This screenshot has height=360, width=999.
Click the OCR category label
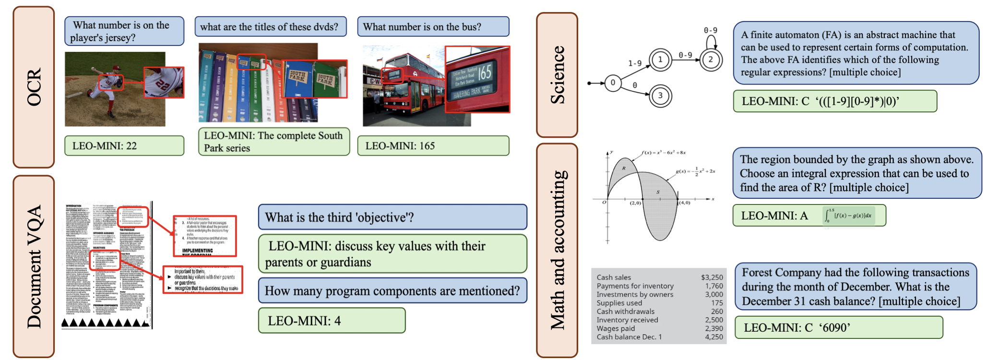(x=34, y=87)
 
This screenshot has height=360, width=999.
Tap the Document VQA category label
(x=34, y=266)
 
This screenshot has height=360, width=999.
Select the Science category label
(x=557, y=75)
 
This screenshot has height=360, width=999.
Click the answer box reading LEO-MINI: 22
(x=124, y=145)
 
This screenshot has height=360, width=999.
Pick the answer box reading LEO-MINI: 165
(x=433, y=145)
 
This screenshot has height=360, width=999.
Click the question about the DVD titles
(x=270, y=27)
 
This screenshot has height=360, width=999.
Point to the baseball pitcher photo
(x=115, y=89)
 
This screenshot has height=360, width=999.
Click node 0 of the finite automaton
(x=613, y=83)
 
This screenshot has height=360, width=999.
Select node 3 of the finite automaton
(x=660, y=96)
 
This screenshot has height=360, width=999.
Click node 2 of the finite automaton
(x=711, y=60)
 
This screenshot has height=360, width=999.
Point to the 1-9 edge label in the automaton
(x=634, y=63)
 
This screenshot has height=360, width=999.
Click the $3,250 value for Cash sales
(x=712, y=277)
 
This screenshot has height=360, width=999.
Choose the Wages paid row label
(x=616, y=328)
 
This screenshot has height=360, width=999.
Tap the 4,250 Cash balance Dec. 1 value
(x=714, y=337)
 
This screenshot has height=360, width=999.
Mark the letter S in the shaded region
(x=658, y=192)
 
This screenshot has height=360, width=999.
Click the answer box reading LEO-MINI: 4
(x=332, y=321)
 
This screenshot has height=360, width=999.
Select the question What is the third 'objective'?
(x=392, y=217)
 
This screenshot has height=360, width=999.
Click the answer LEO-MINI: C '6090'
(x=838, y=327)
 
